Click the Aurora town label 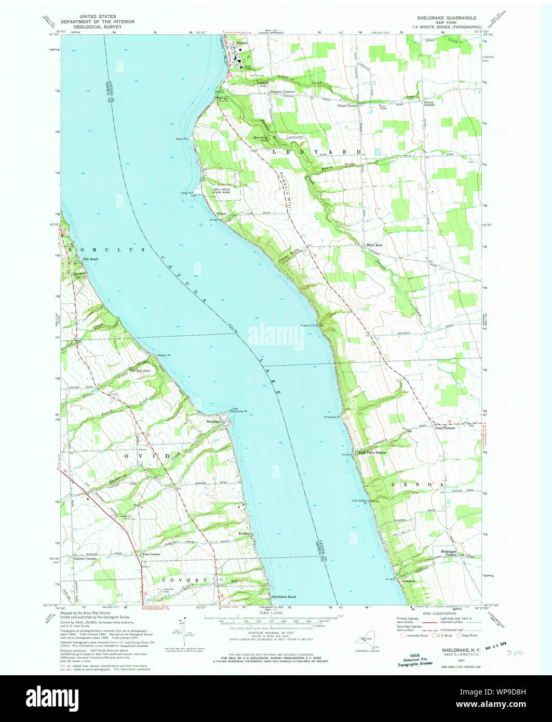click(242, 43)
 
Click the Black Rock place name click(374, 245)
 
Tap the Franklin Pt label click(308, 326)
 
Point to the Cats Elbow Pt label click(360, 502)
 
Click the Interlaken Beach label click(284, 597)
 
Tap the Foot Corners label click(151, 554)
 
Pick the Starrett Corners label click(86, 559)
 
